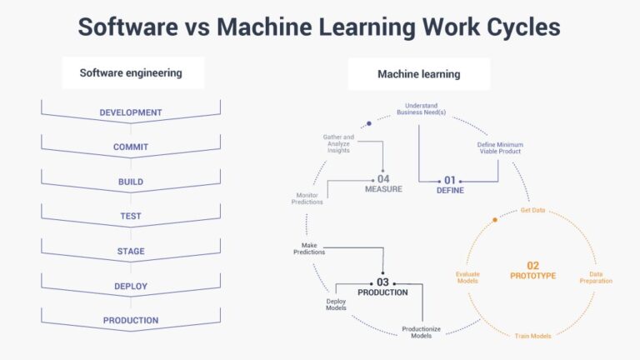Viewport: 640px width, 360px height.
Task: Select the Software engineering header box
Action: [131, 73]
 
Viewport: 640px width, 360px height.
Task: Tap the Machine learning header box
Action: [418, 74]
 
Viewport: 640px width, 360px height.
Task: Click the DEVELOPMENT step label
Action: [131, 112]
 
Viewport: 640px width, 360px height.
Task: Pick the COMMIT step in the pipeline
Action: [131, 147]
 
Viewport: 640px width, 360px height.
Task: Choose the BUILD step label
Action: [131, 182]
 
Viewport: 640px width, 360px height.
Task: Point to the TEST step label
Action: [131, 217]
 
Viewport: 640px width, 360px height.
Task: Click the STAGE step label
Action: [131, 252]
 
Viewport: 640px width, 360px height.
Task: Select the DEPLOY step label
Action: [131, 287]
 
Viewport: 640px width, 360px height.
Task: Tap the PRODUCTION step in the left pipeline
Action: [131, 321]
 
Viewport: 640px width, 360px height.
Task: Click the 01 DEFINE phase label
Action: [450, 184]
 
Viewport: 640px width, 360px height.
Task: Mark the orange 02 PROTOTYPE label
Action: [532, 270]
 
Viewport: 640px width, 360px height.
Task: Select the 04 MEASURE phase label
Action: [383, 183]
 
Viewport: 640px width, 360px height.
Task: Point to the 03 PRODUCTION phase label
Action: [382, 287]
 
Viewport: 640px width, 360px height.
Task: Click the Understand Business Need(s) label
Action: [421, 109]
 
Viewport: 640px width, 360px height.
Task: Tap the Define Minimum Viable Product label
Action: [499, 147]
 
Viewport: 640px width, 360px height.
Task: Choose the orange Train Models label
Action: [532, 335]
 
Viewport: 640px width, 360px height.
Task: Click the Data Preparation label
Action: [596, 277]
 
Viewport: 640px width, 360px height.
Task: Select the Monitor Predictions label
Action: [307, 198]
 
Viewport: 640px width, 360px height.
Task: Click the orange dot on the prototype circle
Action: [495, 220]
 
